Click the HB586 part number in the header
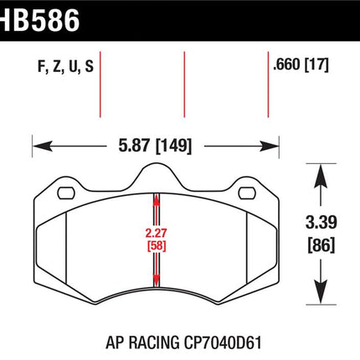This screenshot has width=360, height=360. tap(39, 20)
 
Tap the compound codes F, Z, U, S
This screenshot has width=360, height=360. tap(65, 67)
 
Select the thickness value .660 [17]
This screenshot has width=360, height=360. tap(301, 64)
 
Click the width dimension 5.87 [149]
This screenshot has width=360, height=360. tap(155, 146)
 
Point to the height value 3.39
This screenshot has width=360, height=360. tap(321, 223)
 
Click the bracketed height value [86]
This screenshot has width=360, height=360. tap(321, 245)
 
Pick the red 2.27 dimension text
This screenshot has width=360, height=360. tap(156, 233)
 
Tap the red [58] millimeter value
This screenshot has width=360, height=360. tap(157, 246)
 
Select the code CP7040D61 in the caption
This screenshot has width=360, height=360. tap(223, 342)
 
